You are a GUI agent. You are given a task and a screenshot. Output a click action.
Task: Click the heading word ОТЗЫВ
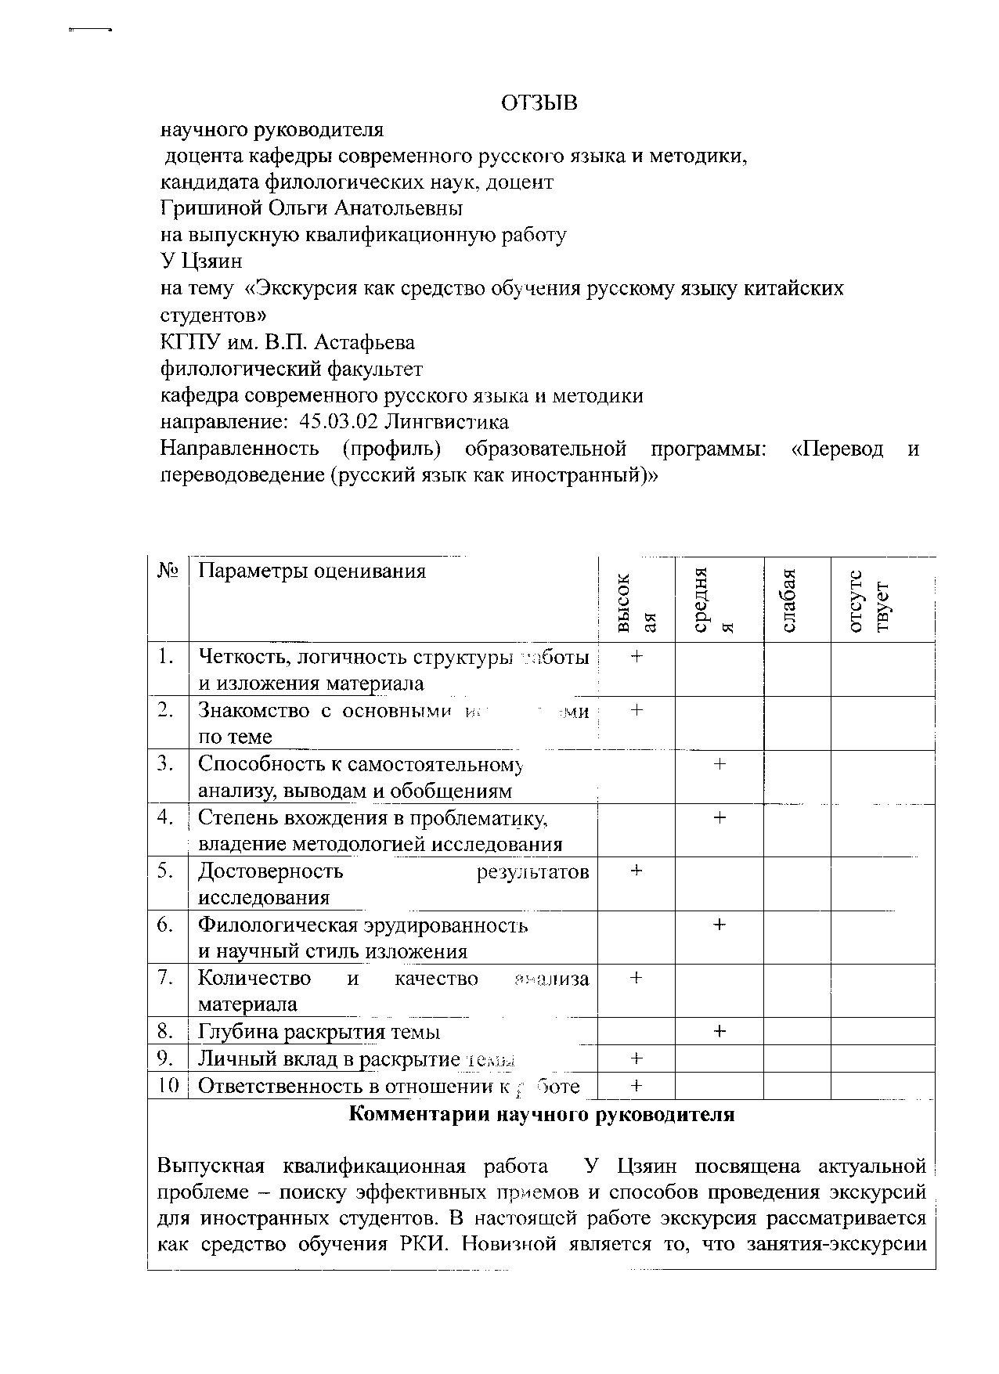[x=539, y=103]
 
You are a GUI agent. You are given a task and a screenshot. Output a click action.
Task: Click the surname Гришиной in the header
[x=209, y=209]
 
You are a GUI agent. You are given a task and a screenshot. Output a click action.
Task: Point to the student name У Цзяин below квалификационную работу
[x=201, y=261]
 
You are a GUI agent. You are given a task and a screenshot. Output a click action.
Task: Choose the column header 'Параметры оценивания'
[x=312, y=571]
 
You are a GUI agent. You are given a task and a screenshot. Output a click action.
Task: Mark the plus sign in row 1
[x=637, y=657]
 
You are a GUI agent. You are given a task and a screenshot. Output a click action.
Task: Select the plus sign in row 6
[x=719, y=925]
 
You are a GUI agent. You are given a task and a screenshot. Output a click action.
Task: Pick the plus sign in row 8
[x=719, y=1032]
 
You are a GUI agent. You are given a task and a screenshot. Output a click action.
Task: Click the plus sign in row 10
[x=637, y=1085]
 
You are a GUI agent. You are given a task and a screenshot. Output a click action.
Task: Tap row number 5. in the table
[x=165, y=871]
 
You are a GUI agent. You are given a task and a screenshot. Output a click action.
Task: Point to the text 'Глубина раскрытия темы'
[x=319, y=1032]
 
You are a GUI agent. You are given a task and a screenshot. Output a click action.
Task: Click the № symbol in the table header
[x=168, y=571]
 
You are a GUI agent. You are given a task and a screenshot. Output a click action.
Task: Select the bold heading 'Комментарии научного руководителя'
[x=541, y=1114]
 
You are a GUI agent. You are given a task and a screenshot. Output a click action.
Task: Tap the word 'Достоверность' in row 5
[x=270, y=871]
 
